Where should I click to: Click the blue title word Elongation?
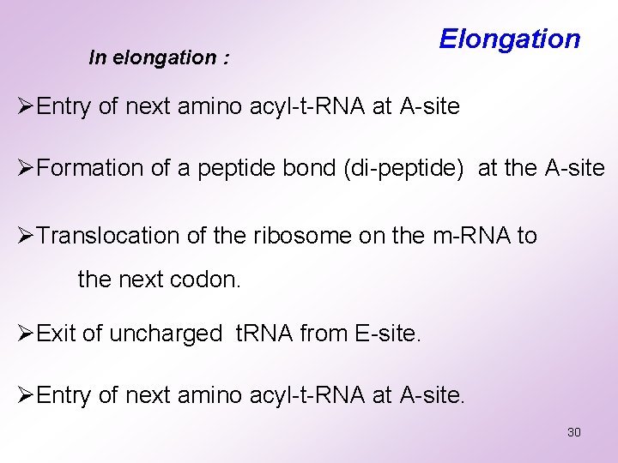click(510, 39)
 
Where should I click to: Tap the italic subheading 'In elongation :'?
click(159, 58)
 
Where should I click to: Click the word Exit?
click(57, 334)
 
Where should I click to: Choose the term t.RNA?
click(264, 334)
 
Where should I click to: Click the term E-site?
click(388, 334)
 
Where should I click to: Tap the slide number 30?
click(574, 432)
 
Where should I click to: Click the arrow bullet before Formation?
click(27, 168)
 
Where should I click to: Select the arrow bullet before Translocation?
click(27, 236)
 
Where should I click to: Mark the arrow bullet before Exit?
click(27, 334)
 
